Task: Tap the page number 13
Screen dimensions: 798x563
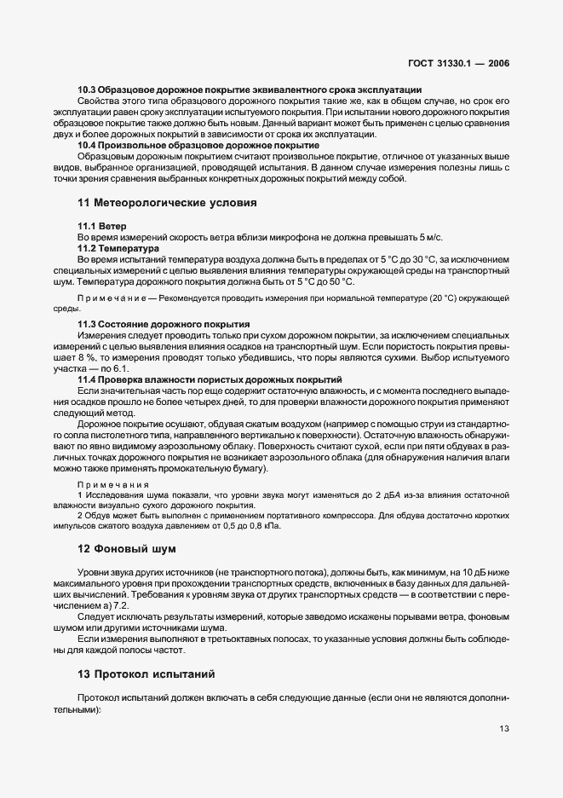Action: (x=504, y=728)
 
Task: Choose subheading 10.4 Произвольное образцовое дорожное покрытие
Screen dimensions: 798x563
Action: (x=198, y=146)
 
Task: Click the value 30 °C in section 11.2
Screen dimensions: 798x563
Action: (x=431, y=258)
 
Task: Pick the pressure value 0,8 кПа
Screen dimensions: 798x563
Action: (x=265, y=526)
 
